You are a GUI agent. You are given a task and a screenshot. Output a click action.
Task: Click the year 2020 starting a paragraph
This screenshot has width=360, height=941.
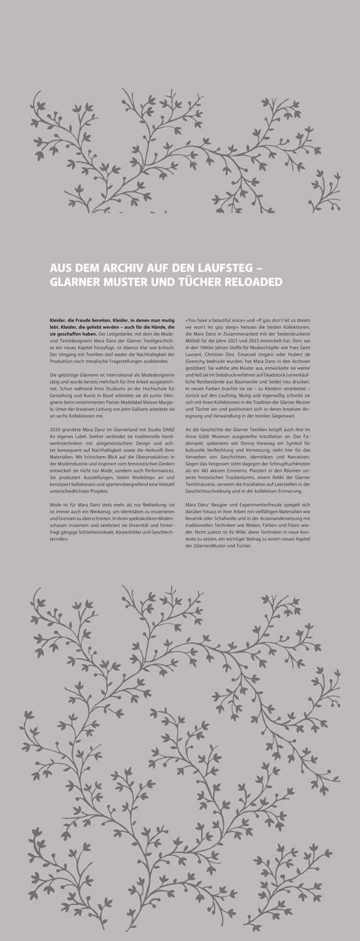pos(55,428)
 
